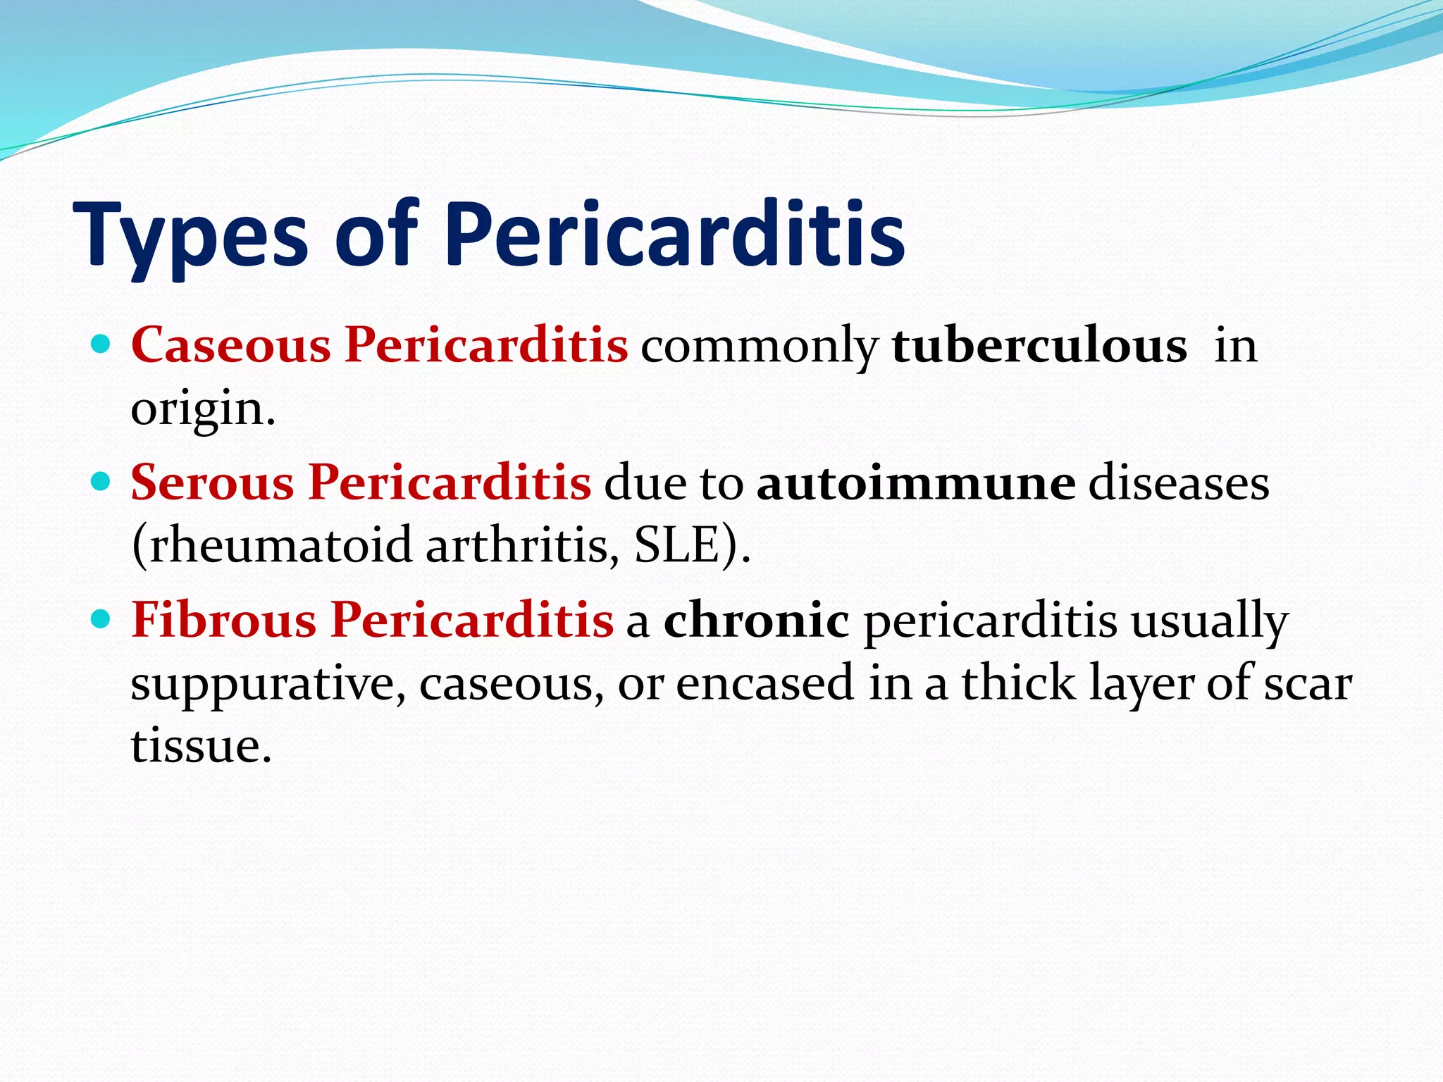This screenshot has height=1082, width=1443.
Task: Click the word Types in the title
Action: point(190,236)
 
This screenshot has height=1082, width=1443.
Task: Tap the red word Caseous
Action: point(230,345)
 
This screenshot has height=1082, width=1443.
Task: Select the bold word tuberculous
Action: point(1039,345)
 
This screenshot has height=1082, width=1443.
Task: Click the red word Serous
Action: point(212,483)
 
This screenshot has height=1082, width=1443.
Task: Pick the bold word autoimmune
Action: point(916,483)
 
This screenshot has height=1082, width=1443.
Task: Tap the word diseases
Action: point(1179,483)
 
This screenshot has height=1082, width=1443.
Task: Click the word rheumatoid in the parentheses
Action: point(271,545)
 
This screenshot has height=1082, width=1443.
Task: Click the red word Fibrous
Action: point(223,621)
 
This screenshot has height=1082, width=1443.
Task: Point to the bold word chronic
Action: point(756,621)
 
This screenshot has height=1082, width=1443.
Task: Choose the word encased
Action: point(764,683)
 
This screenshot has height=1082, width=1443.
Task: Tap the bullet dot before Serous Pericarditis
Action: point(101,482)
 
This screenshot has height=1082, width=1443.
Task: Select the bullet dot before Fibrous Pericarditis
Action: point(101,619)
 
